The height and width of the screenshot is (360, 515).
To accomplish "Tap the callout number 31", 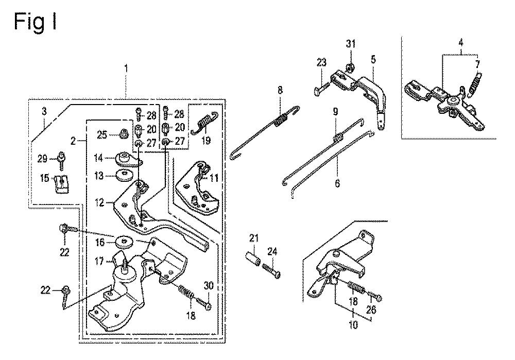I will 351,44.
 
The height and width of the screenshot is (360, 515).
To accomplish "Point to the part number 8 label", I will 280,90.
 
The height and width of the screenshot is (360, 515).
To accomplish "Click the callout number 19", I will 206,140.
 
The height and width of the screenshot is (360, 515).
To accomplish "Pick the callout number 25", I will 102,135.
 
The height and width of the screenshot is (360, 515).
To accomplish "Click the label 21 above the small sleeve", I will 253,237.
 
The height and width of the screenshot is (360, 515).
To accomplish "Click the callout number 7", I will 478,64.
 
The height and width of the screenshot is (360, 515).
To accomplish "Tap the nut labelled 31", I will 350,67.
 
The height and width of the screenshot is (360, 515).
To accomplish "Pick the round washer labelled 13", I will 123,176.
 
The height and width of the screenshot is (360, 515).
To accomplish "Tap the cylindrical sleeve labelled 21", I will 253,255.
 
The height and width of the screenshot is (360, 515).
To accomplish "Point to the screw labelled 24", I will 272,270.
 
